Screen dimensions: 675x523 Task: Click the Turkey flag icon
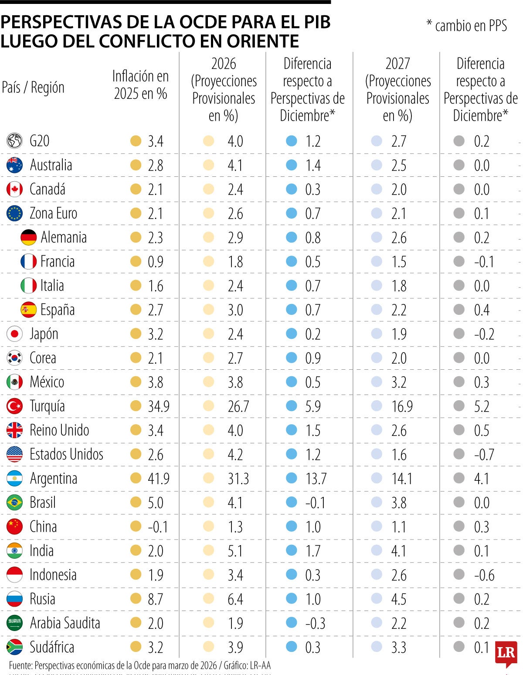tap(14, 406)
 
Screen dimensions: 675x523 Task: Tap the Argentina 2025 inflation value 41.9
tap(159, 479)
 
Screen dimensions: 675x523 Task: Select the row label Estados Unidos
tap(66, 454)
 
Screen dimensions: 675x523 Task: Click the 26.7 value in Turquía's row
tap(238, 406)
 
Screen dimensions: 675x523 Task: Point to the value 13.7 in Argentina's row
tap(316, 479)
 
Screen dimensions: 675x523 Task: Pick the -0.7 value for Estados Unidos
tap(484, 455)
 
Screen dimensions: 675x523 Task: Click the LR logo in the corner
tap(506, 653)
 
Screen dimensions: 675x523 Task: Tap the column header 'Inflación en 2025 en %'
tap(140, 85)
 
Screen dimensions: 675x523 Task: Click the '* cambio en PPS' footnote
tap(466, 26)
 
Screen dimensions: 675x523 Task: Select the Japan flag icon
tap(14, 334)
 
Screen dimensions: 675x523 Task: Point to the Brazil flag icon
tap(14, 503)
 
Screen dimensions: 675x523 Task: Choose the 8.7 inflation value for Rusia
tap(155, 599)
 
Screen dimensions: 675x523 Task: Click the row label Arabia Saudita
tap(65, 623)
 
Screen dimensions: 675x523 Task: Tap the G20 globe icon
tap(14, 141)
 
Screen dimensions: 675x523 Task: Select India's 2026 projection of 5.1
tap(235, 551)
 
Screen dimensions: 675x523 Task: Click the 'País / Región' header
tap(33, 88)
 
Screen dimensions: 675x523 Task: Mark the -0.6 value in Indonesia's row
tap(484, 575)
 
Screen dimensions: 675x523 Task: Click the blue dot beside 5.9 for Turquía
tap(291, 406)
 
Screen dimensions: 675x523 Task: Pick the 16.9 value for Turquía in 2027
tap(402, 406)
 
